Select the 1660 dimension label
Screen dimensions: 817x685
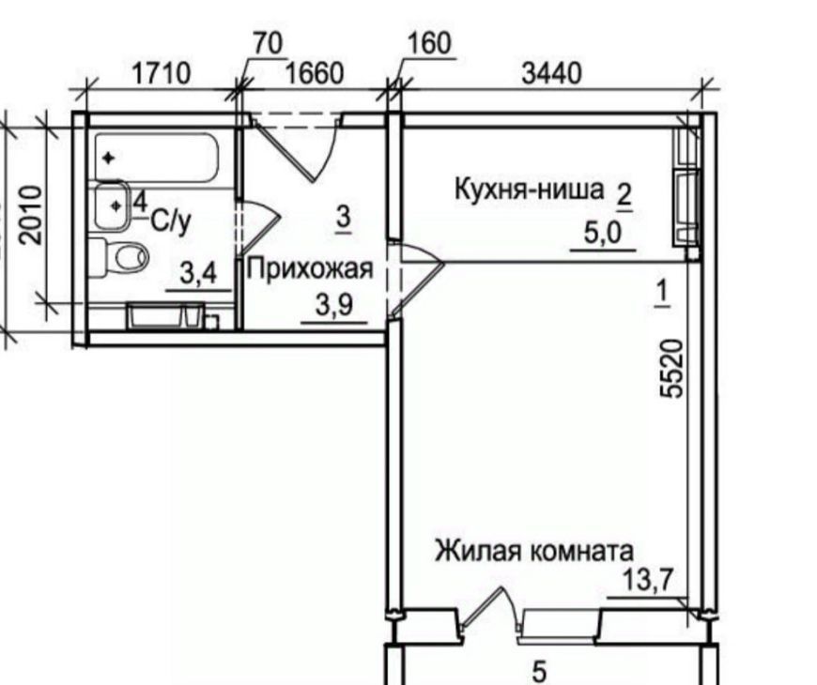[315, 73]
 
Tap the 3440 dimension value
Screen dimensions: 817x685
[551, 73]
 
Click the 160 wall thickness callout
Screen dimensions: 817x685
[428, 43]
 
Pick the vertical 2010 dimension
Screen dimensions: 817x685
[30, 215]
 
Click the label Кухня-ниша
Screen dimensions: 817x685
[530, 190]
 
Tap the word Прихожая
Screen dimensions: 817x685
[311, 269]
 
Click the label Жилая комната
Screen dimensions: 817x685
[534, 551]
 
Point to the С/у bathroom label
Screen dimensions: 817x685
[171, 221]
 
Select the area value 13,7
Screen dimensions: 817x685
[649, 580]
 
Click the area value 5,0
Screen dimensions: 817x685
[603, 234]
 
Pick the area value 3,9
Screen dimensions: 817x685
[334, 306]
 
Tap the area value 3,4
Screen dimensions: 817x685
[198, 274]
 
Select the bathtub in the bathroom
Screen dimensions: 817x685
[156, 158]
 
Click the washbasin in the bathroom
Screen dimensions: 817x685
[112, 206]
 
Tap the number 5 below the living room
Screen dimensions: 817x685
[540, 672]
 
